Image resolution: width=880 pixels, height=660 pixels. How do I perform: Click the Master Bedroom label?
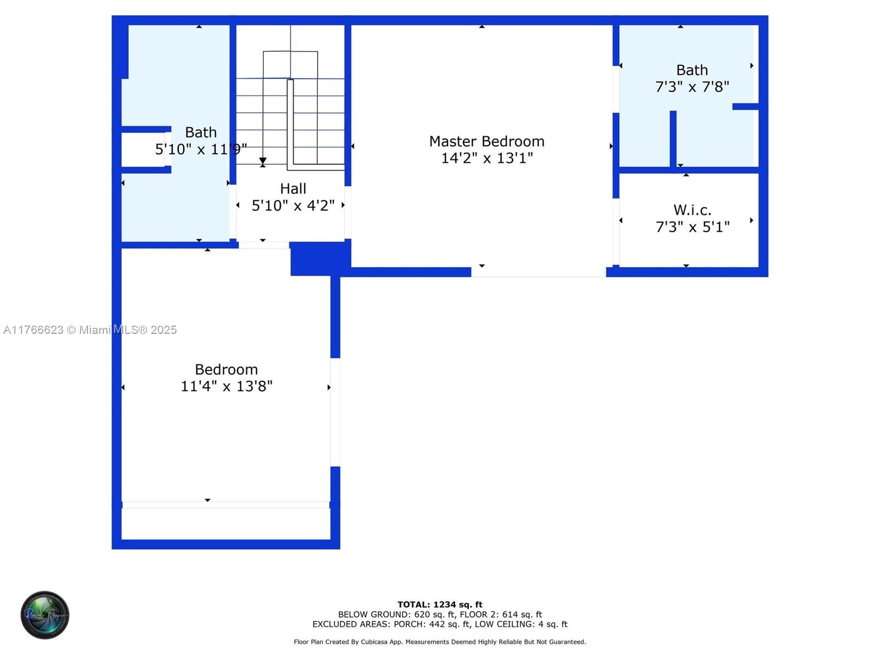tap(486, 141)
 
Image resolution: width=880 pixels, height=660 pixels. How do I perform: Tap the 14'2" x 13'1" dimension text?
tap(487, 158)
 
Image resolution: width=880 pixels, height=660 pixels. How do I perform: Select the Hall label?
tap(293, 188)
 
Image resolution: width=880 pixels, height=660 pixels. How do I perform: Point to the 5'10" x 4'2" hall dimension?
tap(293, 205)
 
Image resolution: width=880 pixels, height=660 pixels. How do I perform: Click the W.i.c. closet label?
tap(692, 210)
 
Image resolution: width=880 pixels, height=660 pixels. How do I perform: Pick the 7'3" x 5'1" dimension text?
tap(692, 227)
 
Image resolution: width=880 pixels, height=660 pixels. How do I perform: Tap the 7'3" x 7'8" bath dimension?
tap(692, 86)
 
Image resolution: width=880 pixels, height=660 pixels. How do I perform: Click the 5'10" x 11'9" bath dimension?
tap(201, 149)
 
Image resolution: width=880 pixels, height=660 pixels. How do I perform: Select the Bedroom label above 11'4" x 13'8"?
tap(226, 369)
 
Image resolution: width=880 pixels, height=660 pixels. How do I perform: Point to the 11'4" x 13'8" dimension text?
tap(227, 386)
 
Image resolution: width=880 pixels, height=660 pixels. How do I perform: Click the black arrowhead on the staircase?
tap(262, 161)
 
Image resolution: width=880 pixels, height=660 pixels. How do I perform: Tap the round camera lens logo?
tap(45, 615)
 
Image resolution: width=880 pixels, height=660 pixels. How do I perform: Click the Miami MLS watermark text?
tap(90, 329)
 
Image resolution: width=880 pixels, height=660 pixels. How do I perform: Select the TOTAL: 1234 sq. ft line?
tap(440, 604)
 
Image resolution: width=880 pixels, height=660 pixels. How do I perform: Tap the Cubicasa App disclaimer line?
tap(440, 641)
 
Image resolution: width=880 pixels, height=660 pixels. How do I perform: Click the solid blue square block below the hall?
tap(320, 258)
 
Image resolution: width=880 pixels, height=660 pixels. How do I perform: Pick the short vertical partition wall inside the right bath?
tap(673, 139)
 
